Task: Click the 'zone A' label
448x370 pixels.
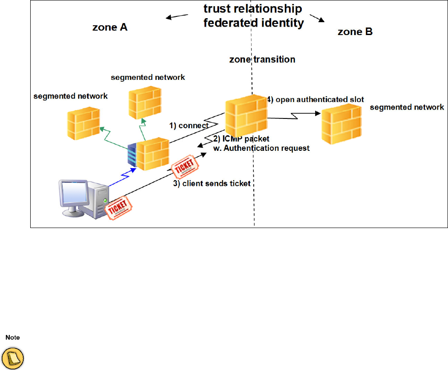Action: point(110,27)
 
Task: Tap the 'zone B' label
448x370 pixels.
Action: point(355,31)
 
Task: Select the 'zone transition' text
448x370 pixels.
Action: point(262,59)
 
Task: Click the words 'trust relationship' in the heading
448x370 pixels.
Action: point(252,9)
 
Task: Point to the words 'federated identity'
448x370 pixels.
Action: point(253,23)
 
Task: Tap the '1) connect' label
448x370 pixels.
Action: point(189,126)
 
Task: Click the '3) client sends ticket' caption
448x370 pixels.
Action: point(212,184)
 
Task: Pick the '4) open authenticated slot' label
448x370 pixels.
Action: point(315,100)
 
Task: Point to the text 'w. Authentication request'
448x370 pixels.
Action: point(260,148)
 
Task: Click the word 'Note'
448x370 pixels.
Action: point(12,338)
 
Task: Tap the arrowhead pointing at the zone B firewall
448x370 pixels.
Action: point(317,114)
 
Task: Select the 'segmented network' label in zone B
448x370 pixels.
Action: point(407,107)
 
